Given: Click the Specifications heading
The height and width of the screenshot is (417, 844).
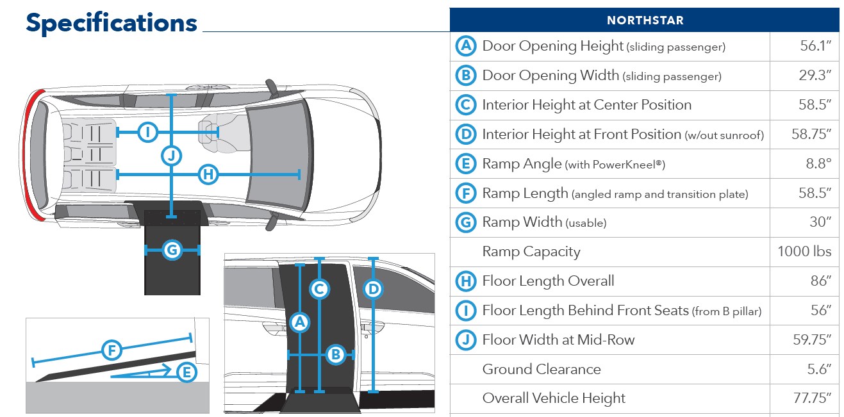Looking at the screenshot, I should (x=112, y=24).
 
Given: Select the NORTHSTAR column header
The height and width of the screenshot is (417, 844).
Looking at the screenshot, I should (x=645, y=20).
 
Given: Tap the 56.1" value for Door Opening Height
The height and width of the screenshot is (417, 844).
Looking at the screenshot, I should (x=814, y=46).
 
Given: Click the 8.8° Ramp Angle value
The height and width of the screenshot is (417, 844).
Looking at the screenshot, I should (x=818, y=164).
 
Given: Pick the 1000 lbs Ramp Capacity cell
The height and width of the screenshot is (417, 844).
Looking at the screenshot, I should (x=804, y=252).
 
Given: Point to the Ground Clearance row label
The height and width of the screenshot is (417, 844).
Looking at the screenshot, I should (x=542, y=370).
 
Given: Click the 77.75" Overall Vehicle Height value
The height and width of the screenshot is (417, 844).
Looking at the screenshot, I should (x=812, y=398).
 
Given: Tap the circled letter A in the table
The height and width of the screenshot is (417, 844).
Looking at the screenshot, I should (x=466, y=46).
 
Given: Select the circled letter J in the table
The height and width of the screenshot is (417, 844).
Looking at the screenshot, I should (x=466, y=340).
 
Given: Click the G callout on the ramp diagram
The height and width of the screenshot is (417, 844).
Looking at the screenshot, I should (x=172, y=250).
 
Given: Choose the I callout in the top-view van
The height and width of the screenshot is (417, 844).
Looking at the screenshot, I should (x=148, y=133).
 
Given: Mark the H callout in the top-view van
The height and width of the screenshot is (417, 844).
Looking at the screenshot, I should (x=208, y=174).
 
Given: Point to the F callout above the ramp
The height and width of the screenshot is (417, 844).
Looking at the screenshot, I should (x=112, y=350).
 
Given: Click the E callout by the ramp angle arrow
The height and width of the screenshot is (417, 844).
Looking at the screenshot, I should (x=186, y=372).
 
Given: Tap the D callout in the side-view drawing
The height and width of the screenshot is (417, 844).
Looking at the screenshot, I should (x=373, y=290).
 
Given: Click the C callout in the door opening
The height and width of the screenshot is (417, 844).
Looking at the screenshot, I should (x=319, y=290).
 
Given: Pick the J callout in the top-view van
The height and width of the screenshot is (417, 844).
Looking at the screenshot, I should (x=171, y=155).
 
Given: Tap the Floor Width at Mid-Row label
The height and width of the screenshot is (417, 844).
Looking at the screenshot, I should (x=558, y=340).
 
